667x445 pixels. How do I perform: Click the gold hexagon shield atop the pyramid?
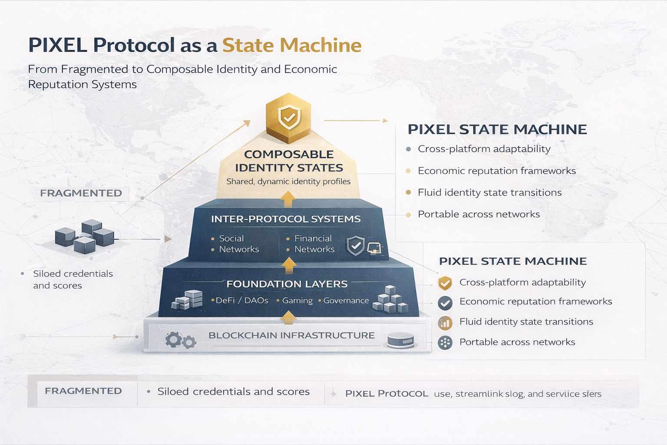[x=289, y=117]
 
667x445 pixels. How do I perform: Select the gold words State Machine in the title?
[x=292, y=45]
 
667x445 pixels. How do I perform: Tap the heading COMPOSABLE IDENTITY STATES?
[x=289, y=161]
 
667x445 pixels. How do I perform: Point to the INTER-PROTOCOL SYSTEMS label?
[x=286, y=219]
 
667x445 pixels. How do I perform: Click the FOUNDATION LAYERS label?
[x=287, y=284]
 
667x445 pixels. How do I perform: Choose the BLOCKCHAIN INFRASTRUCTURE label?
[x=291, y=335]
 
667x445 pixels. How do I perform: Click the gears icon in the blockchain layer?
[x=180, y=340]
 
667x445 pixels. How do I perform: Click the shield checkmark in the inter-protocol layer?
[x=356, y=246]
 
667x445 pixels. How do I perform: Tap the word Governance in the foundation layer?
[x=346, y=300]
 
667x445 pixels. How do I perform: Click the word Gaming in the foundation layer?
[x=297, y=300]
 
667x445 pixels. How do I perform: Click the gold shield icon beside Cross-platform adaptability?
[x=445, y=283]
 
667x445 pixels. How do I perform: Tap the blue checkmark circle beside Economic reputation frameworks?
[x=445, y=302]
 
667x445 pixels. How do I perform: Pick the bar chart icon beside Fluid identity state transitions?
[x=445, y=322]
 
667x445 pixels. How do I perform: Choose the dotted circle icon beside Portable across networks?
[x=445, y=342]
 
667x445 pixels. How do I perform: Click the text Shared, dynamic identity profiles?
[x=288, y=182]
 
